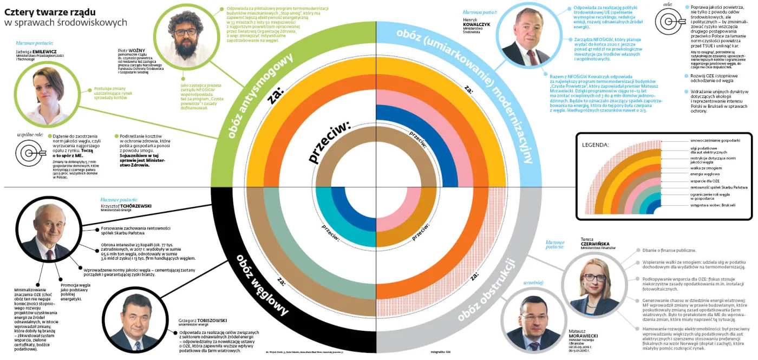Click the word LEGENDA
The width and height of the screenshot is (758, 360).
click(x=595, y=145)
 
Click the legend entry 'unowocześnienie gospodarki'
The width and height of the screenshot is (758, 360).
click(x=715, y=140)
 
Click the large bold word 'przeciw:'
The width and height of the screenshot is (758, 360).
click(x=329, y=142)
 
